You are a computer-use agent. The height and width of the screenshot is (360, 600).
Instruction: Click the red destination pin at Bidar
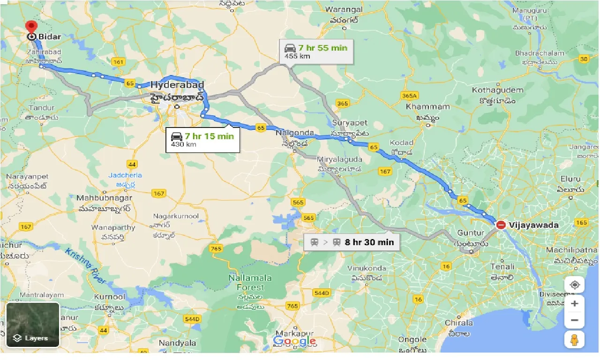point(31,27)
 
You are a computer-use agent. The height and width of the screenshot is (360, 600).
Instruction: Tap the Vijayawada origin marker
point(501,225)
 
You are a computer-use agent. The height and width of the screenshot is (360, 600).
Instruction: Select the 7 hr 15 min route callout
point(202,139)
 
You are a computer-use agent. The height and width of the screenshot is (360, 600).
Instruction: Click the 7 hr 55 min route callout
point(316,52)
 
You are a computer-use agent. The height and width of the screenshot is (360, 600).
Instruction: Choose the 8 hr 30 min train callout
point(352,242)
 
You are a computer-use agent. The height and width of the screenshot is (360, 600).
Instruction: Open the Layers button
point(33,325)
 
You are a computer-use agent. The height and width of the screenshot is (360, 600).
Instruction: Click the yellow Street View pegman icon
point(574,339)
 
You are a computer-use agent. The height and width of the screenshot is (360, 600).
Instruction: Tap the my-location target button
point(574,285)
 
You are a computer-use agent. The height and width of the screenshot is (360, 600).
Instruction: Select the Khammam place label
point(428,107)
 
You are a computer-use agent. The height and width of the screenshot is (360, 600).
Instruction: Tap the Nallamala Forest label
point(247,283)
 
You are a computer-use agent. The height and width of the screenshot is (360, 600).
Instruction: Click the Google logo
point(294,341)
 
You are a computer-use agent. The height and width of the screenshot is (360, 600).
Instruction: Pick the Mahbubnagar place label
point(104,198)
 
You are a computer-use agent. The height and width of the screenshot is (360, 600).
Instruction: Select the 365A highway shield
point(409,96)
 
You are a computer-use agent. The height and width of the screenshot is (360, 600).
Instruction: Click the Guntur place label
point(471,233)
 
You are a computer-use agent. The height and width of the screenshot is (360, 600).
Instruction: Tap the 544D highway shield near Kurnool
point(192,319)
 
